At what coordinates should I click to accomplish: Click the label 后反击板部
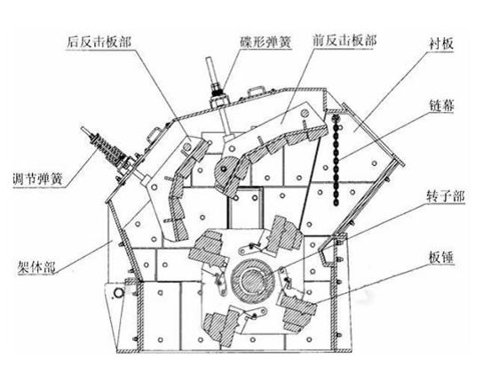[x=99, y=43]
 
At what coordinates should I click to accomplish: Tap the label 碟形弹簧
[x=265, y=43]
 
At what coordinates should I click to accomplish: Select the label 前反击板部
[x=344, y=41]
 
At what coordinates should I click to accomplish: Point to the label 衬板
[x=441, y=44]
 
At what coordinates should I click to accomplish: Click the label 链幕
[x=442, y=107]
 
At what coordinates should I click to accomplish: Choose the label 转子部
[x=446, y=196]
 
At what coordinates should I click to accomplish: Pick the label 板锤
[x=441, y=258]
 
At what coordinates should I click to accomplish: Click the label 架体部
[x=37, y=267]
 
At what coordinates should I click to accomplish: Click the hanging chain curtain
[x=336, y=160]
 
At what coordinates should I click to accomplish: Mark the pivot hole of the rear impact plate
[x=187, y=147]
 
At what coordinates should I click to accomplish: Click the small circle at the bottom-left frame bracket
[x=119, y=293]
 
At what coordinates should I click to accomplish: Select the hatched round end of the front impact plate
[x=227, y=172]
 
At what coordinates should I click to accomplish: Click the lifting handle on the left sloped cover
[x=153, y=136]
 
